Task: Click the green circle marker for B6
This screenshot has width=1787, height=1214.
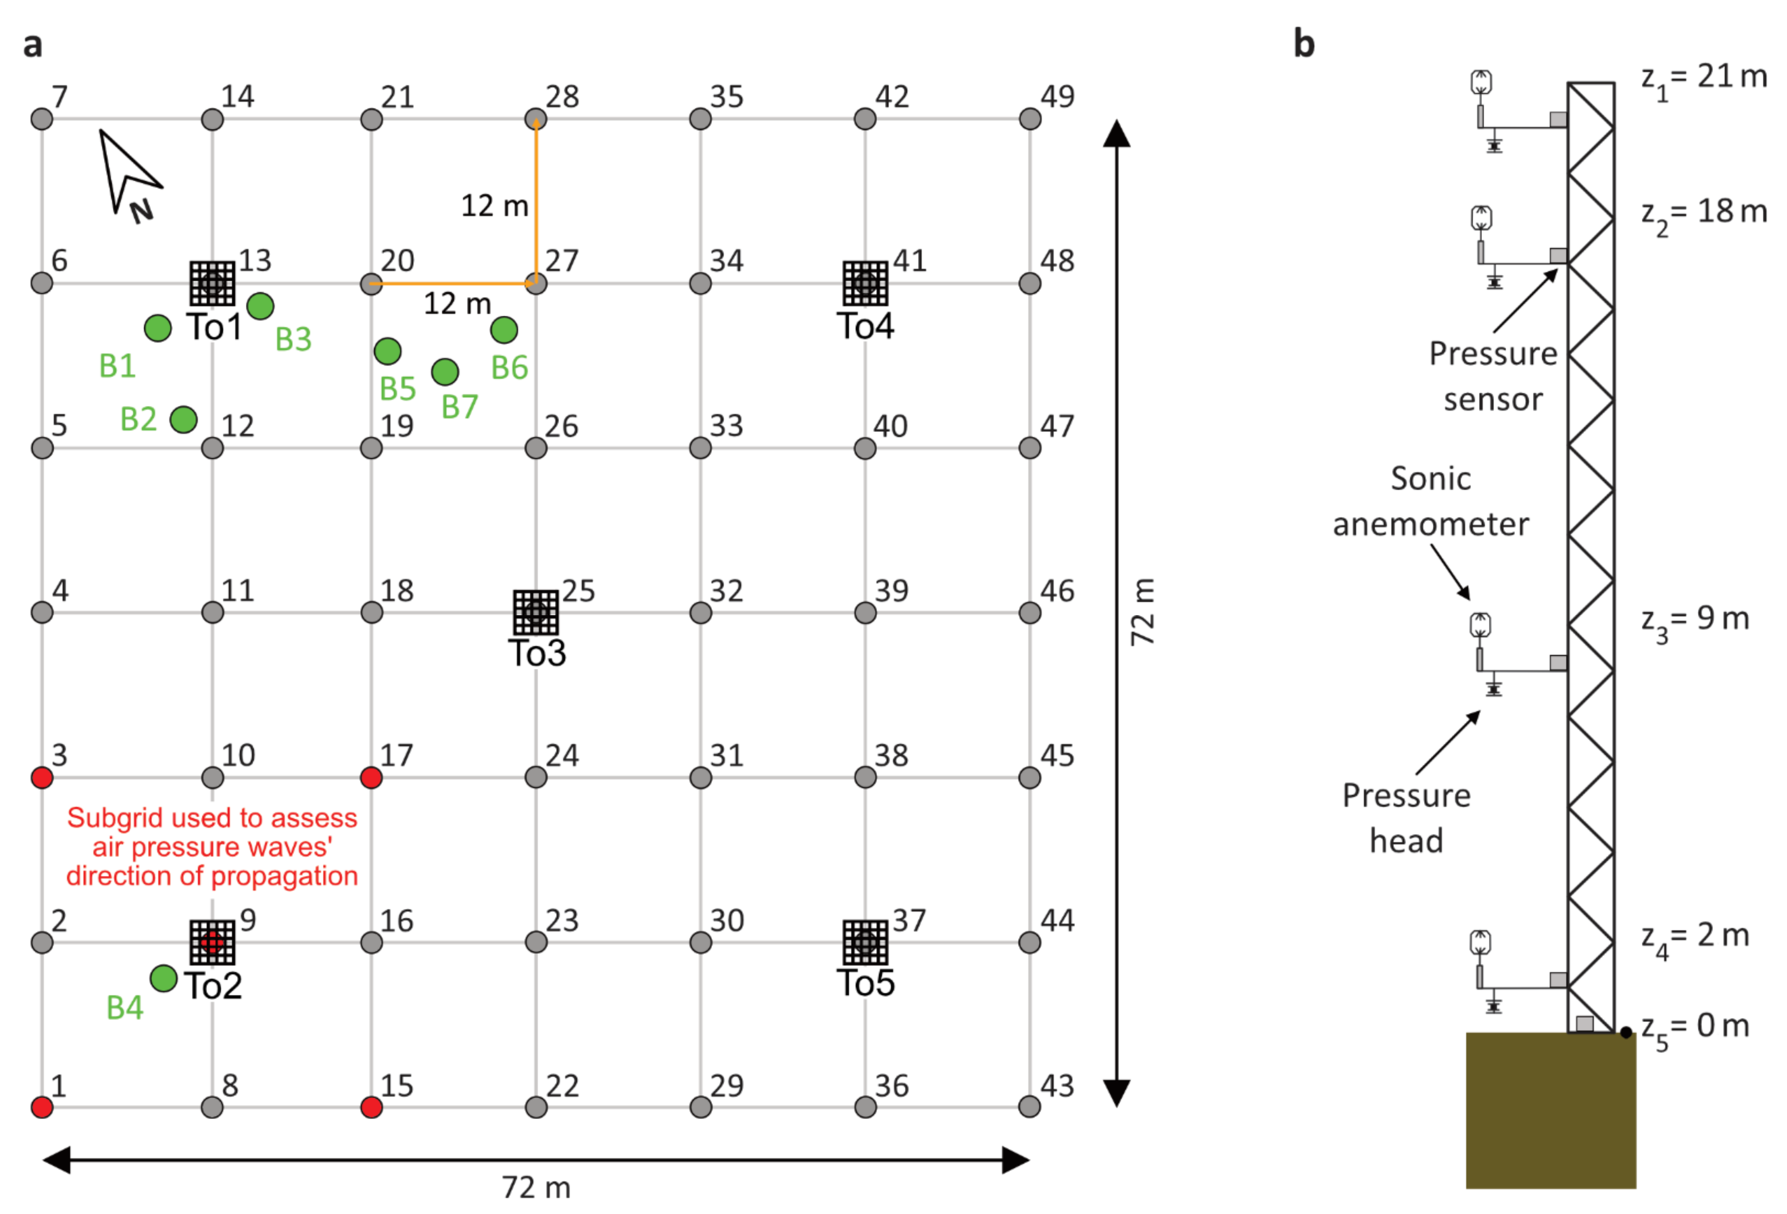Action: point(504,330)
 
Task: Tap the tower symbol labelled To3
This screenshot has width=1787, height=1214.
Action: point(536,612)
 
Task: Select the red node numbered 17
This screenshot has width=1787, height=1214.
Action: point(372,778)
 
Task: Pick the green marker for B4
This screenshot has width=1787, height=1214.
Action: point(163,978)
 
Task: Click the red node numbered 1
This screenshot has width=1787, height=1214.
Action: point(42,1107)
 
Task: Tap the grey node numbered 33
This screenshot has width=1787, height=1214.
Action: point(700,448)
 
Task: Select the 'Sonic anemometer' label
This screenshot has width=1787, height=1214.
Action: point(1430,501)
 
